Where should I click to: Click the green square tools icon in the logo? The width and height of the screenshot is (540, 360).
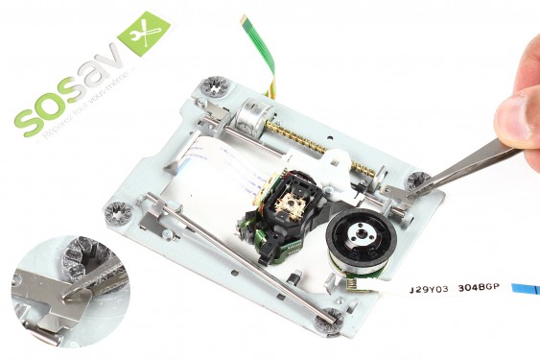[143, 36]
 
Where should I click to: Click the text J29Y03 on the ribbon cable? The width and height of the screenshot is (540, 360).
[431, 287]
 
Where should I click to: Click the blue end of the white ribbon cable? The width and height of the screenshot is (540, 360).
[524, 288]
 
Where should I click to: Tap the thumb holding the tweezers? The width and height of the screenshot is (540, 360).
[519, 116]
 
